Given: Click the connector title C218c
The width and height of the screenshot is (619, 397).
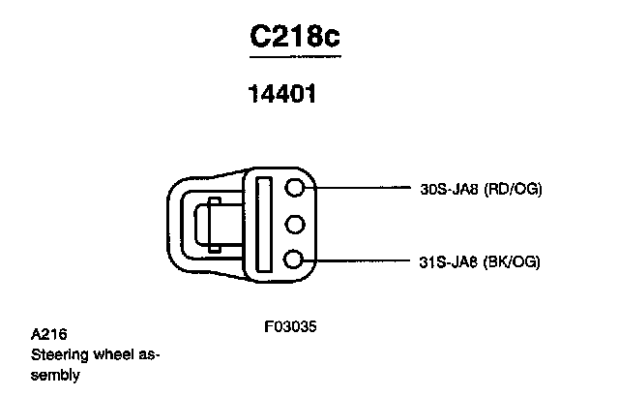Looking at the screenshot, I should (x=295, y=38).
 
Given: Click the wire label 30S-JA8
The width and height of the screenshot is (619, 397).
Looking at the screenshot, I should (x=451, y=190).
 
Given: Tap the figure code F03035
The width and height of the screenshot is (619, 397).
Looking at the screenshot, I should (x=290, y=326).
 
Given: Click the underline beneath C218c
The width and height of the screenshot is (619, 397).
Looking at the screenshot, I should (x=295, y=56).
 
